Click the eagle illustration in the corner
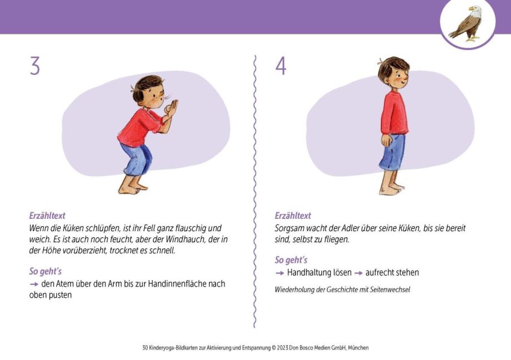click(x=465, y=23)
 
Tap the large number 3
click(x=35, y=66)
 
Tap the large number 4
click(x=280, y=66)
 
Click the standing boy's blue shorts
click(x=393, y=152)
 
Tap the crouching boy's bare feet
click(x=133, y=188)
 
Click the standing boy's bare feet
click(x=392, y=189)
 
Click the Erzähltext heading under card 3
click(x=47, y=216)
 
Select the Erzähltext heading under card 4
click(x=293, y=216)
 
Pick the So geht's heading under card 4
click(x=291, y=260)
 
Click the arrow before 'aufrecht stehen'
click(x=358, y=273)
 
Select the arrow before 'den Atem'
click(x=34, y=284)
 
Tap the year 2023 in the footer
click(x=283, y=348)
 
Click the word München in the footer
click(x=358, y=348)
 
